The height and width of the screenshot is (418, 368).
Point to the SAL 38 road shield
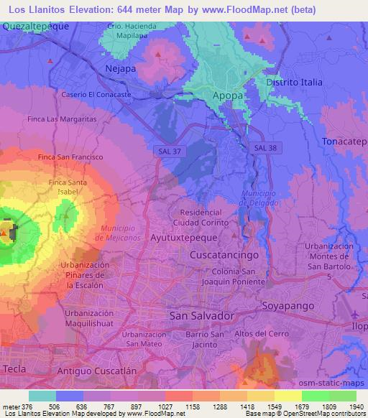[264, 148]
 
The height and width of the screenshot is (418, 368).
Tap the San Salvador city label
[202, 315]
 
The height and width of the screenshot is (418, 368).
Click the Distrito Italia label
[292, 83]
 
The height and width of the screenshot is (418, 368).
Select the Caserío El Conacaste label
[96, 94]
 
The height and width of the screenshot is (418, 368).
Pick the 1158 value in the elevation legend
[192, 405]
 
